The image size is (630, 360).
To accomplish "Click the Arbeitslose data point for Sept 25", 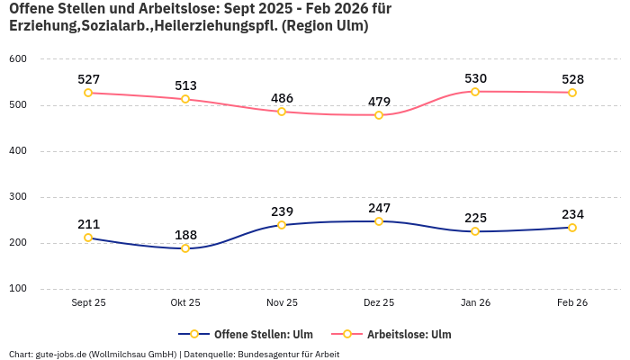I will pos(88,93).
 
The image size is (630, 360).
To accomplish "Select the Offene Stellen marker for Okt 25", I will pos(185,248).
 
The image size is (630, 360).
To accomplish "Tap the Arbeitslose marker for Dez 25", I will pos(379,115).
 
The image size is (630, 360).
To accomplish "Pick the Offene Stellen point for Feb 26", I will pos(572,228).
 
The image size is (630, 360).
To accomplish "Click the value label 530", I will pos(475,78).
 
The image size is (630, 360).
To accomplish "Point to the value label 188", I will pos(185,235).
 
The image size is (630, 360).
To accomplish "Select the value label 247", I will pos(379,208).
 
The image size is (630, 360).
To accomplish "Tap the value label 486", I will pos(282,98).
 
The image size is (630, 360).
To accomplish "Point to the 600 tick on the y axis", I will pos(18,58).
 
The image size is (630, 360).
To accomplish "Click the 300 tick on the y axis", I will pos(18,196).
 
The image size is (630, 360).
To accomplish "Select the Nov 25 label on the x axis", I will pos(282,303).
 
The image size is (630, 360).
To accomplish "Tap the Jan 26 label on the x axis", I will pos(475,303).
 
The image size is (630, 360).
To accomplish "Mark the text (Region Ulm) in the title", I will pos(325,26).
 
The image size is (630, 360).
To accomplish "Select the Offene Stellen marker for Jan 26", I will pos(475,231).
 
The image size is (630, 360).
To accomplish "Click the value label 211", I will pos(88,224).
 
